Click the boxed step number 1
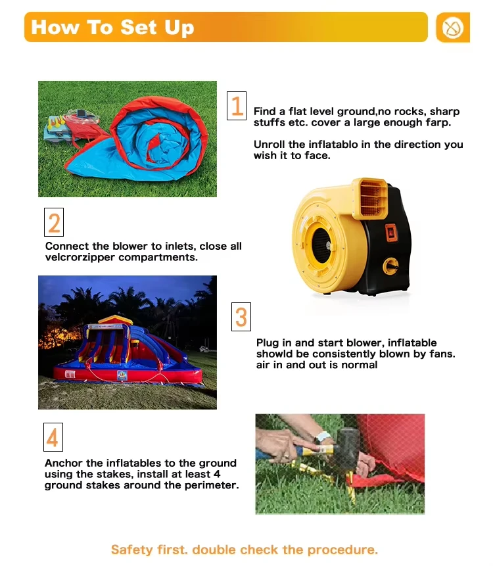coord(237,105)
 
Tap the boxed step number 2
coord(54,222)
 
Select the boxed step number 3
coord(241,317)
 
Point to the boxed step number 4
coord(53,437)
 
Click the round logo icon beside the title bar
coord(453,28)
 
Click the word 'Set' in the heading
coord(138,27)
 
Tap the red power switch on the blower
coord(391,232)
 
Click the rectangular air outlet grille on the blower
coord(371,198)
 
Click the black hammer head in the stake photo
coord(346,444)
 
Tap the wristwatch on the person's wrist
coord(322,437)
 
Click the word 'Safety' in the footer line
coord(132,550)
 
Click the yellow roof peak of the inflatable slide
coord(116,319)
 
